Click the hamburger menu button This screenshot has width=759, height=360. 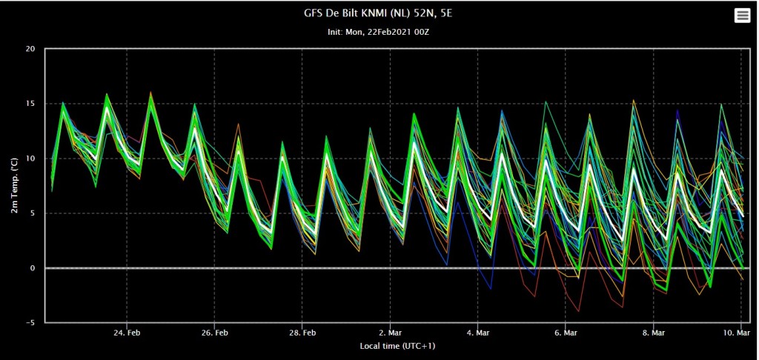click(x=741, y=16)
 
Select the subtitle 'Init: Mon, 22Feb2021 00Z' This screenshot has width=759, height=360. click(x=379, y=32)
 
